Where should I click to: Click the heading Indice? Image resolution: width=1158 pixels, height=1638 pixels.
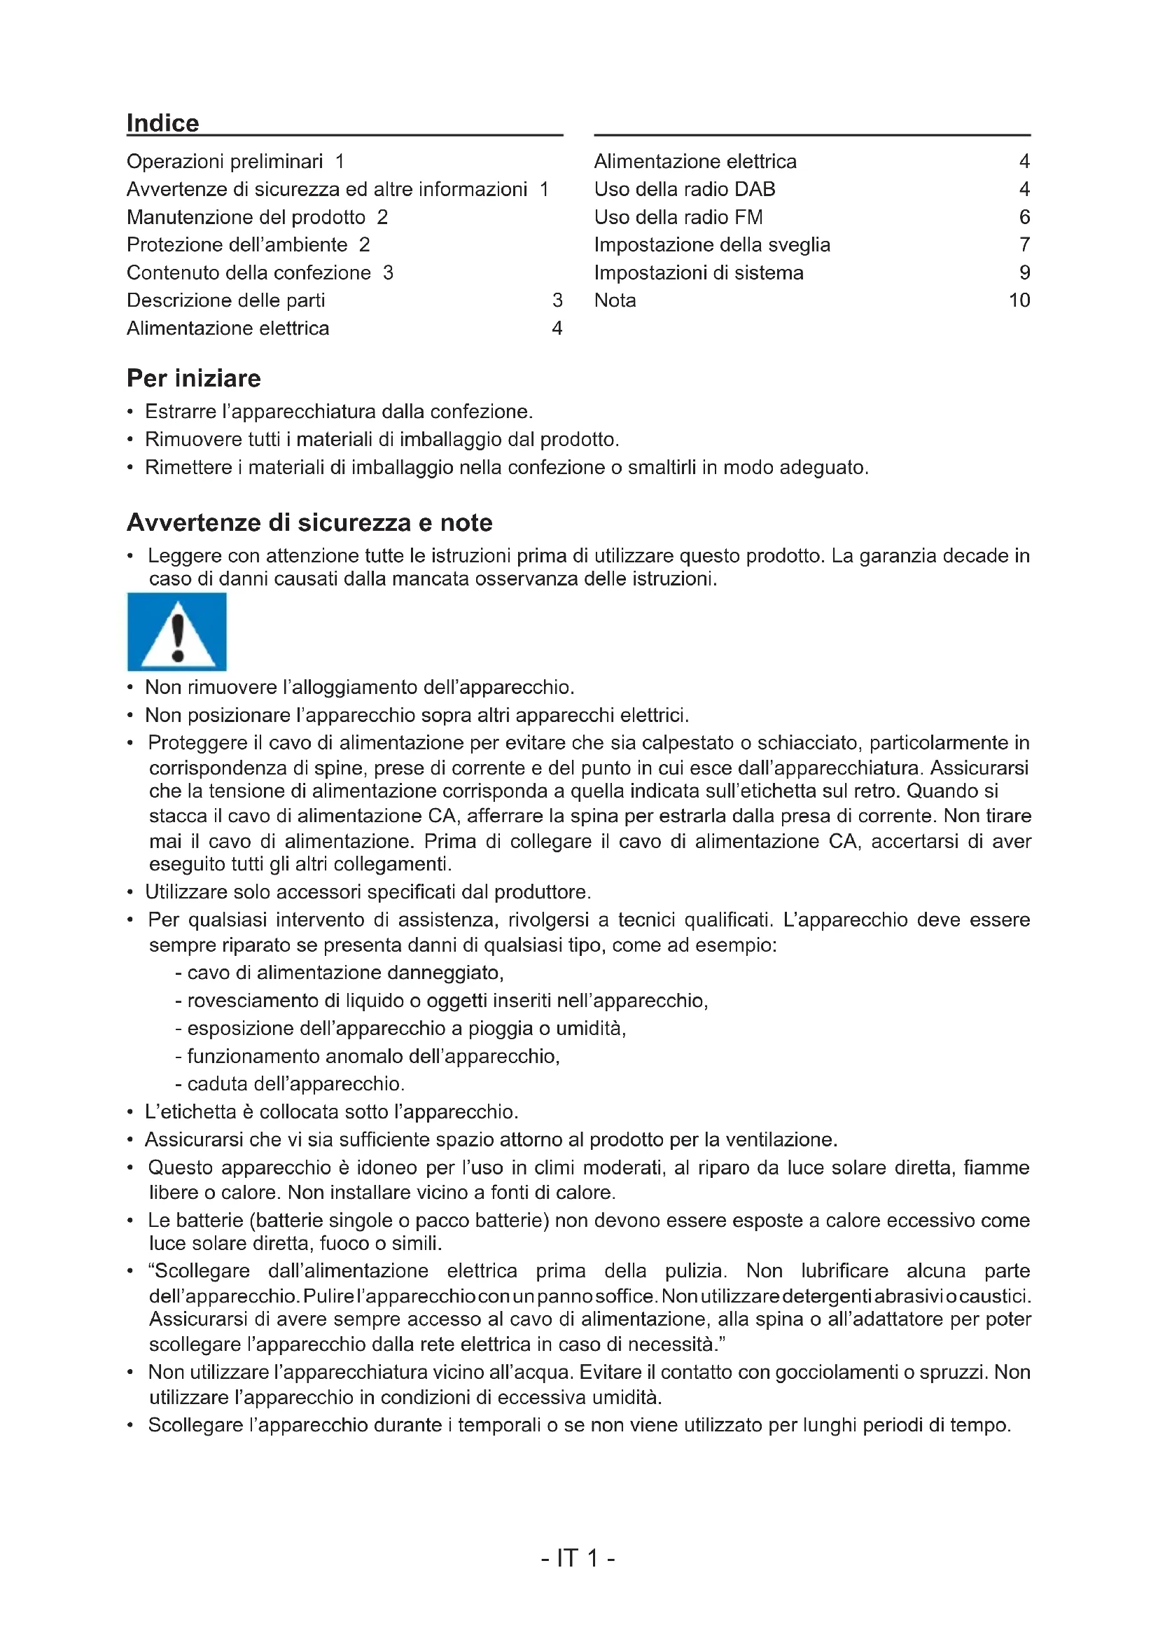click(x=162, y=123)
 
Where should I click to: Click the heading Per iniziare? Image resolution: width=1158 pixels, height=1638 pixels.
click(x=193, y=378)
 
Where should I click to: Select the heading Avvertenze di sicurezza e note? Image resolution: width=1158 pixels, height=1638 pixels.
click(x=309, y=523)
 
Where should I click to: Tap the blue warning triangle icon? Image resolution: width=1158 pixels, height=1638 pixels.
click(x=177, y=632)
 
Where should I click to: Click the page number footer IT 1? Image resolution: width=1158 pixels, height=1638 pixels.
click(x=578, y=1558)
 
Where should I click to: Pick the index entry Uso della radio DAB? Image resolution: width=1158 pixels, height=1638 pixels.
click(x=685, y=189)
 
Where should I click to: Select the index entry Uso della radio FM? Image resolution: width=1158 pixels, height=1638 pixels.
click(x=678, y=217)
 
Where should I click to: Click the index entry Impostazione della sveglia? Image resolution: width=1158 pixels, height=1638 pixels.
click(x=711, y=244)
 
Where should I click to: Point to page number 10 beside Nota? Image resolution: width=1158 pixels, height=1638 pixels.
click(x=1019, y=300)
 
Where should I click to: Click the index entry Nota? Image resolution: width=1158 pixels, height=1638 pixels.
click(x=615, y=300)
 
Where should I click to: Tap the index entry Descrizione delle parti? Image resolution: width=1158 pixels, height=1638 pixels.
click(x=225, y=300)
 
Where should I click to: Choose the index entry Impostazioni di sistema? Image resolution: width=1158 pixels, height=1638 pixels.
click(x=698, y=272)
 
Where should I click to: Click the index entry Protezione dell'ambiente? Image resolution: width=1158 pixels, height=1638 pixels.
click(x=237, y=244)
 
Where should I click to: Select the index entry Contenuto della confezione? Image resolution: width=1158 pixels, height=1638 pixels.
click(x=248, y=272)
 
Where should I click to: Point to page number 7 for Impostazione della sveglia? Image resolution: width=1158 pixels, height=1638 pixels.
click(x=1024, y=244)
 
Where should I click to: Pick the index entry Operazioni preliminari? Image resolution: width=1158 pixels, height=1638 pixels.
click(x=225, y=161)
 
